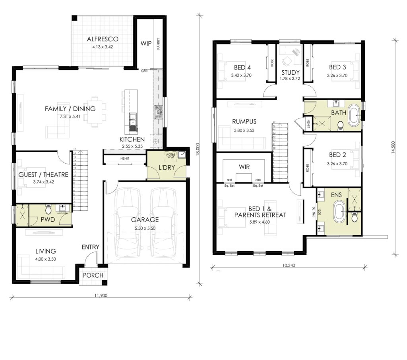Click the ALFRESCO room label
[103, 39]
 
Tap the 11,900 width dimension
[101, 295]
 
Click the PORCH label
[93, 275]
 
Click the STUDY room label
[290, 72]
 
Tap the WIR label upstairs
[244, 167]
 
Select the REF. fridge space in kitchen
[156, 141]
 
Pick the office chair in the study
[287, 60]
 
